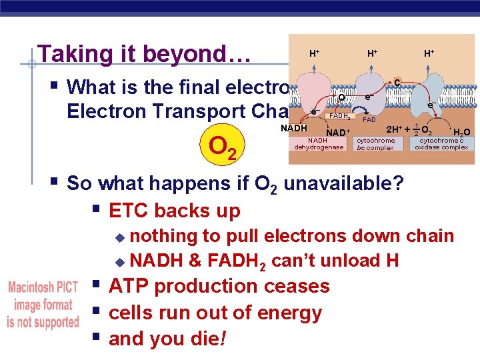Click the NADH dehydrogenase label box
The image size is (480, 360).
coord(318,143)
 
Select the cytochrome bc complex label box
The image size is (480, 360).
coord(375,144)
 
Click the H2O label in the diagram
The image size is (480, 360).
coord(462,132)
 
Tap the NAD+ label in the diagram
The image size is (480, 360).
coord(339,133)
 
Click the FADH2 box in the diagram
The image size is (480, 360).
coord(339,115)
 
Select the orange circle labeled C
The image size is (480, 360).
coord(397,83)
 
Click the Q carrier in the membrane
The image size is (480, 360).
coord(341,98)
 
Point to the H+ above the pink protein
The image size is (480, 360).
coord(313,53)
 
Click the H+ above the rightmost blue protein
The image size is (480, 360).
coord(429,53)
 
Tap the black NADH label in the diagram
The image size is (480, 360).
coord(293,127)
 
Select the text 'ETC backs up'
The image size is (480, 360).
coord(174,211)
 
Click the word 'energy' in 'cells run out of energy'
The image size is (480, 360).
coord(288,313)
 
